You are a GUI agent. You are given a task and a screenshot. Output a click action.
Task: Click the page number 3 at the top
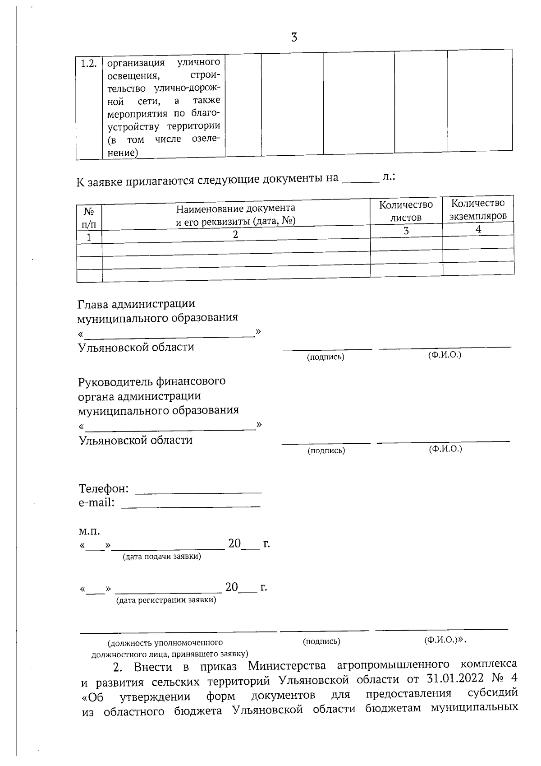pos(294,37)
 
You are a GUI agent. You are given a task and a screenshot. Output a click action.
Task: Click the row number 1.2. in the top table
pos(89,63)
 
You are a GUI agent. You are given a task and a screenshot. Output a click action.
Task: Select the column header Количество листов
pos(406,211)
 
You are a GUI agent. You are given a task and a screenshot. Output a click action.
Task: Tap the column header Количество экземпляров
pos(478,209)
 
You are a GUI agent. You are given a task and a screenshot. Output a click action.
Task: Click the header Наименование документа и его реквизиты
pos(235,215)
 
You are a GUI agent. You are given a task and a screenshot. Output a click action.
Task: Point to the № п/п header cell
pos(89,218)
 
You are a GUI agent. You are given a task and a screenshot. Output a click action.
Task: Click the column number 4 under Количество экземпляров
pos(478,229)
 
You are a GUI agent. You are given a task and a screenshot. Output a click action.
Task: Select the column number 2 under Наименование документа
pos(235,234)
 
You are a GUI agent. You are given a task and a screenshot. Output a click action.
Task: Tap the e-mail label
pos(96,503)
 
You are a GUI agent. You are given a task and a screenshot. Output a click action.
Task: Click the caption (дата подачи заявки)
pos(162,557)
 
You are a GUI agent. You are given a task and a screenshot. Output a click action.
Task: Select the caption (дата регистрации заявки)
pos(166,600)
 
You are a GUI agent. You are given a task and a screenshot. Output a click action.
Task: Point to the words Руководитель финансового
pos(151,381)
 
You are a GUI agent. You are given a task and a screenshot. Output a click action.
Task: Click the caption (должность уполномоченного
pos(165,642)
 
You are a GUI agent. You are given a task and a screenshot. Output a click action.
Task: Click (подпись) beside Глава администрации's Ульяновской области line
pos(326,357)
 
